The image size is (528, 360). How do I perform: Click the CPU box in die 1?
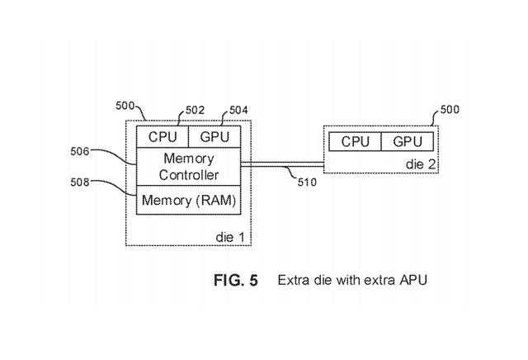162,136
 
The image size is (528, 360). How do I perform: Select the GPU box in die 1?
214,136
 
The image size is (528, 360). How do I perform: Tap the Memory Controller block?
188,167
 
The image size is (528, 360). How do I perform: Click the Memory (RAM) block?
188,201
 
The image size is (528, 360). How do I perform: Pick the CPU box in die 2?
355,141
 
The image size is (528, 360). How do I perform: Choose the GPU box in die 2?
408,141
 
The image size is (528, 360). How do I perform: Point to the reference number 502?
196,110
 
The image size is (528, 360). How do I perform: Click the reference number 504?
237,110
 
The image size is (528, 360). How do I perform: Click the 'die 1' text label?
229,236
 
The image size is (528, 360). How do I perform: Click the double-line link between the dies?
280,166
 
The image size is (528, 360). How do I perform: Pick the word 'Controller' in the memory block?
188,175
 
